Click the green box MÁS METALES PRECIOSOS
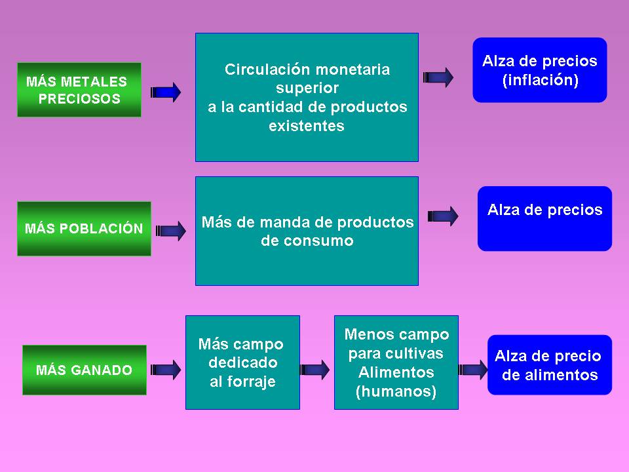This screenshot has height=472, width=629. [x=79, y=90]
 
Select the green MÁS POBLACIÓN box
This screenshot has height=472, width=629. [x=84, y=229]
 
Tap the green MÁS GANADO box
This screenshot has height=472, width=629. [x=84, y=370]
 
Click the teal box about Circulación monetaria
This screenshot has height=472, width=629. [x=307, y=97]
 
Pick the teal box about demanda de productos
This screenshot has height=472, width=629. [x=307, y=231]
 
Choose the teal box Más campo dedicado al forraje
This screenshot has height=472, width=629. [x=242, y=363]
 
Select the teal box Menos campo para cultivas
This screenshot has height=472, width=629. [x=396, y=363]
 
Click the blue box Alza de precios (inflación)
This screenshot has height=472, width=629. [x=540, y=70]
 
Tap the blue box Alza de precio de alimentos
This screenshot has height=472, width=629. [x=549, y=365]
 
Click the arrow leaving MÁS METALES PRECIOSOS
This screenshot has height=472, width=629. [x=166, y=92]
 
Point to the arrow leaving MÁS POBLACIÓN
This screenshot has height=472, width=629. [x=171, y=231]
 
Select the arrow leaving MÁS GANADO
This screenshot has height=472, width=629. [x=166, y=370]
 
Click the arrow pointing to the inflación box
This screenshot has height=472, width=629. [x=438, y=77]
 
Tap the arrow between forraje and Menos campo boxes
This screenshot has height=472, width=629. [x=315, y=370]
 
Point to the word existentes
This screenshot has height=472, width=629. [x=307, y=126]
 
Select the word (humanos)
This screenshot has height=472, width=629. [x=396, y=392]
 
